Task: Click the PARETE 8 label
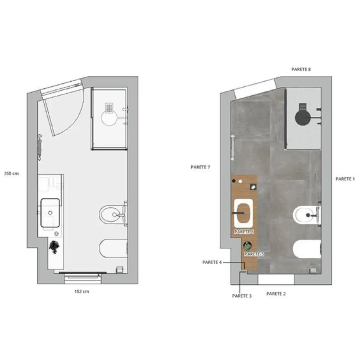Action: coord(301,69)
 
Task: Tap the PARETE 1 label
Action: coord(345,179)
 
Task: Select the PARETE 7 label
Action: coord(200,167)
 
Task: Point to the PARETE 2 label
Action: coord(276,294)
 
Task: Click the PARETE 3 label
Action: coord(242,296)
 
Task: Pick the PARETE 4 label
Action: coord(212,262)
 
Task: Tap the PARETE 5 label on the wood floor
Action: coord(254,254)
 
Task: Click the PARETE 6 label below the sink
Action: coord(244,232)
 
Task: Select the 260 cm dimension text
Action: coord(11,174)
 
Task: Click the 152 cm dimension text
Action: coord(82,291)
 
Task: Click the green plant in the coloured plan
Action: coord(247,246)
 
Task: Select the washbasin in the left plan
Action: coord(50,213)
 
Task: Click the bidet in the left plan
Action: coord(112,214)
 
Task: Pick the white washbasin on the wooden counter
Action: coord(243,213)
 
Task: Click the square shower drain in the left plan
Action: coord(109,108)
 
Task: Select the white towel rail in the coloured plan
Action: coord(232,147)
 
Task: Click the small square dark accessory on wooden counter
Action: coord(253,187)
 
